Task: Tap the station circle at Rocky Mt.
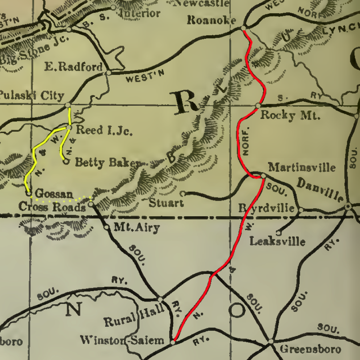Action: click(x=258, y=106)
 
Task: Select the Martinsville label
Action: click(x=302, y=167)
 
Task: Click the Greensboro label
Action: click(x=310, y=349)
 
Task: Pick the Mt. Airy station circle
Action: click(x=106, y=227)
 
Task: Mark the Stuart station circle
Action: click(x=182, y=194)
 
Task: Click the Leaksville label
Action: click(x=277, y=241)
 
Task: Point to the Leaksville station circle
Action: click(x=279, y=232)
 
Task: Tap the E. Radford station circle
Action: click(x=108, y=73)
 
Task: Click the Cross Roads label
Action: click(x=52, y=207)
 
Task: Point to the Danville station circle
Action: click(x=348, y=207)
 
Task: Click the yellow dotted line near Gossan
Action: click(x=60, y=198)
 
